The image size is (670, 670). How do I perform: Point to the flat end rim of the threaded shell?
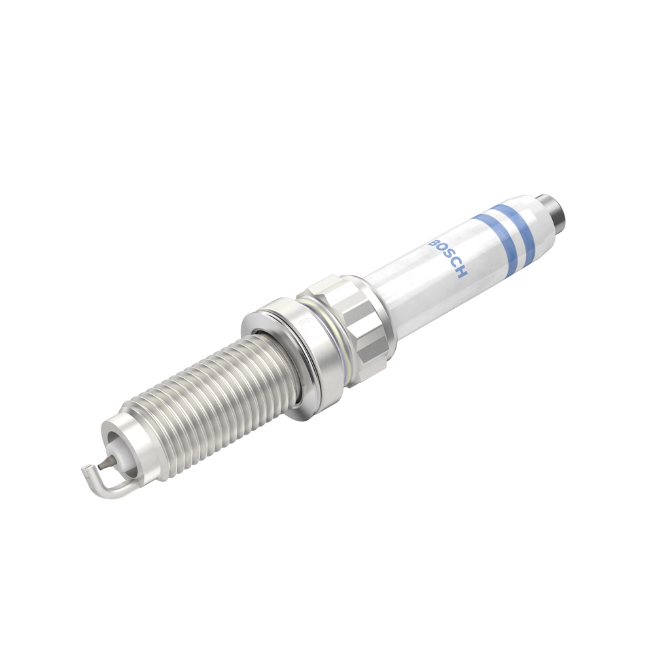tap(115, 432)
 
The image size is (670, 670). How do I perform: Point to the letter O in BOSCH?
tap(440, 251)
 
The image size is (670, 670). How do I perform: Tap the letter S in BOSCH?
tap(447, 258)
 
